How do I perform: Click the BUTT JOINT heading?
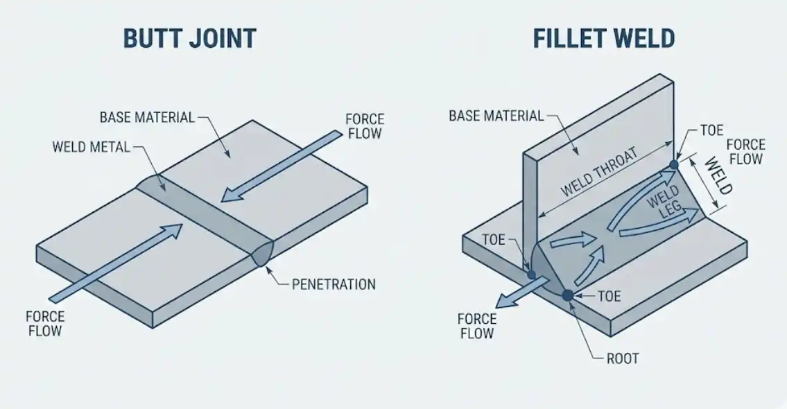(189, 38)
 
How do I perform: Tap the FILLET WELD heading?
(603, 38)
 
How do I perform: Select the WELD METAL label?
(90, 147)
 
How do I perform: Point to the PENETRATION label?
(333, 284)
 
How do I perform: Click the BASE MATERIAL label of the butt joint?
(147, 116)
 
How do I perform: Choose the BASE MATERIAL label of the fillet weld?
(496, 115)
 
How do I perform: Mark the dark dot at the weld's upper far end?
(673, 165)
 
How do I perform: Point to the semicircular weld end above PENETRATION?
(264, 253)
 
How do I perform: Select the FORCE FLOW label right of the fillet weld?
(745, 152)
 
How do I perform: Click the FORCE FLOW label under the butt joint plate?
(45, 323)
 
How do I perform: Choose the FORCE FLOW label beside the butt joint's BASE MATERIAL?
(364, 125)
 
